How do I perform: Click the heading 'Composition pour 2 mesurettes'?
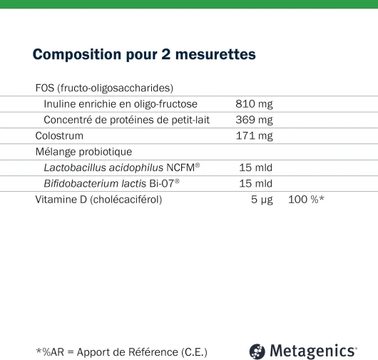click(x=144, y=55)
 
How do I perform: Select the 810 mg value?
click(x=254, y=104)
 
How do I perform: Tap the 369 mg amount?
click(x=254, y=120)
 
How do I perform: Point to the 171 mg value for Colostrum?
click(x=254, y=135)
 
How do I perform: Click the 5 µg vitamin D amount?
click(x=262, y=200)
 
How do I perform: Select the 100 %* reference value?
click(x=306, y=200)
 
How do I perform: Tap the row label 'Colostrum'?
click(x=59, y=135)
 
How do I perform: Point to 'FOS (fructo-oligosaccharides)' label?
click(x=104, y=88)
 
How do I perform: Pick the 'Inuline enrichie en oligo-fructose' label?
click(x=121, y=104)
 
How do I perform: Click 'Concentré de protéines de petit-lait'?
click(x=126, y=120)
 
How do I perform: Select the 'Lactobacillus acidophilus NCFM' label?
click(x=121, y=168)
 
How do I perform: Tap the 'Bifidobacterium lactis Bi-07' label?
click(x=111, y=183)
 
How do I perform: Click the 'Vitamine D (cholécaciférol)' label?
click(x=98, y=200)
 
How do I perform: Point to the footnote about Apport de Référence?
click(x=121, y=351)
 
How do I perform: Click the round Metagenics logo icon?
click(x=257, y=351)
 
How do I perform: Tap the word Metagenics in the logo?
click(x=312, y=351)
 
